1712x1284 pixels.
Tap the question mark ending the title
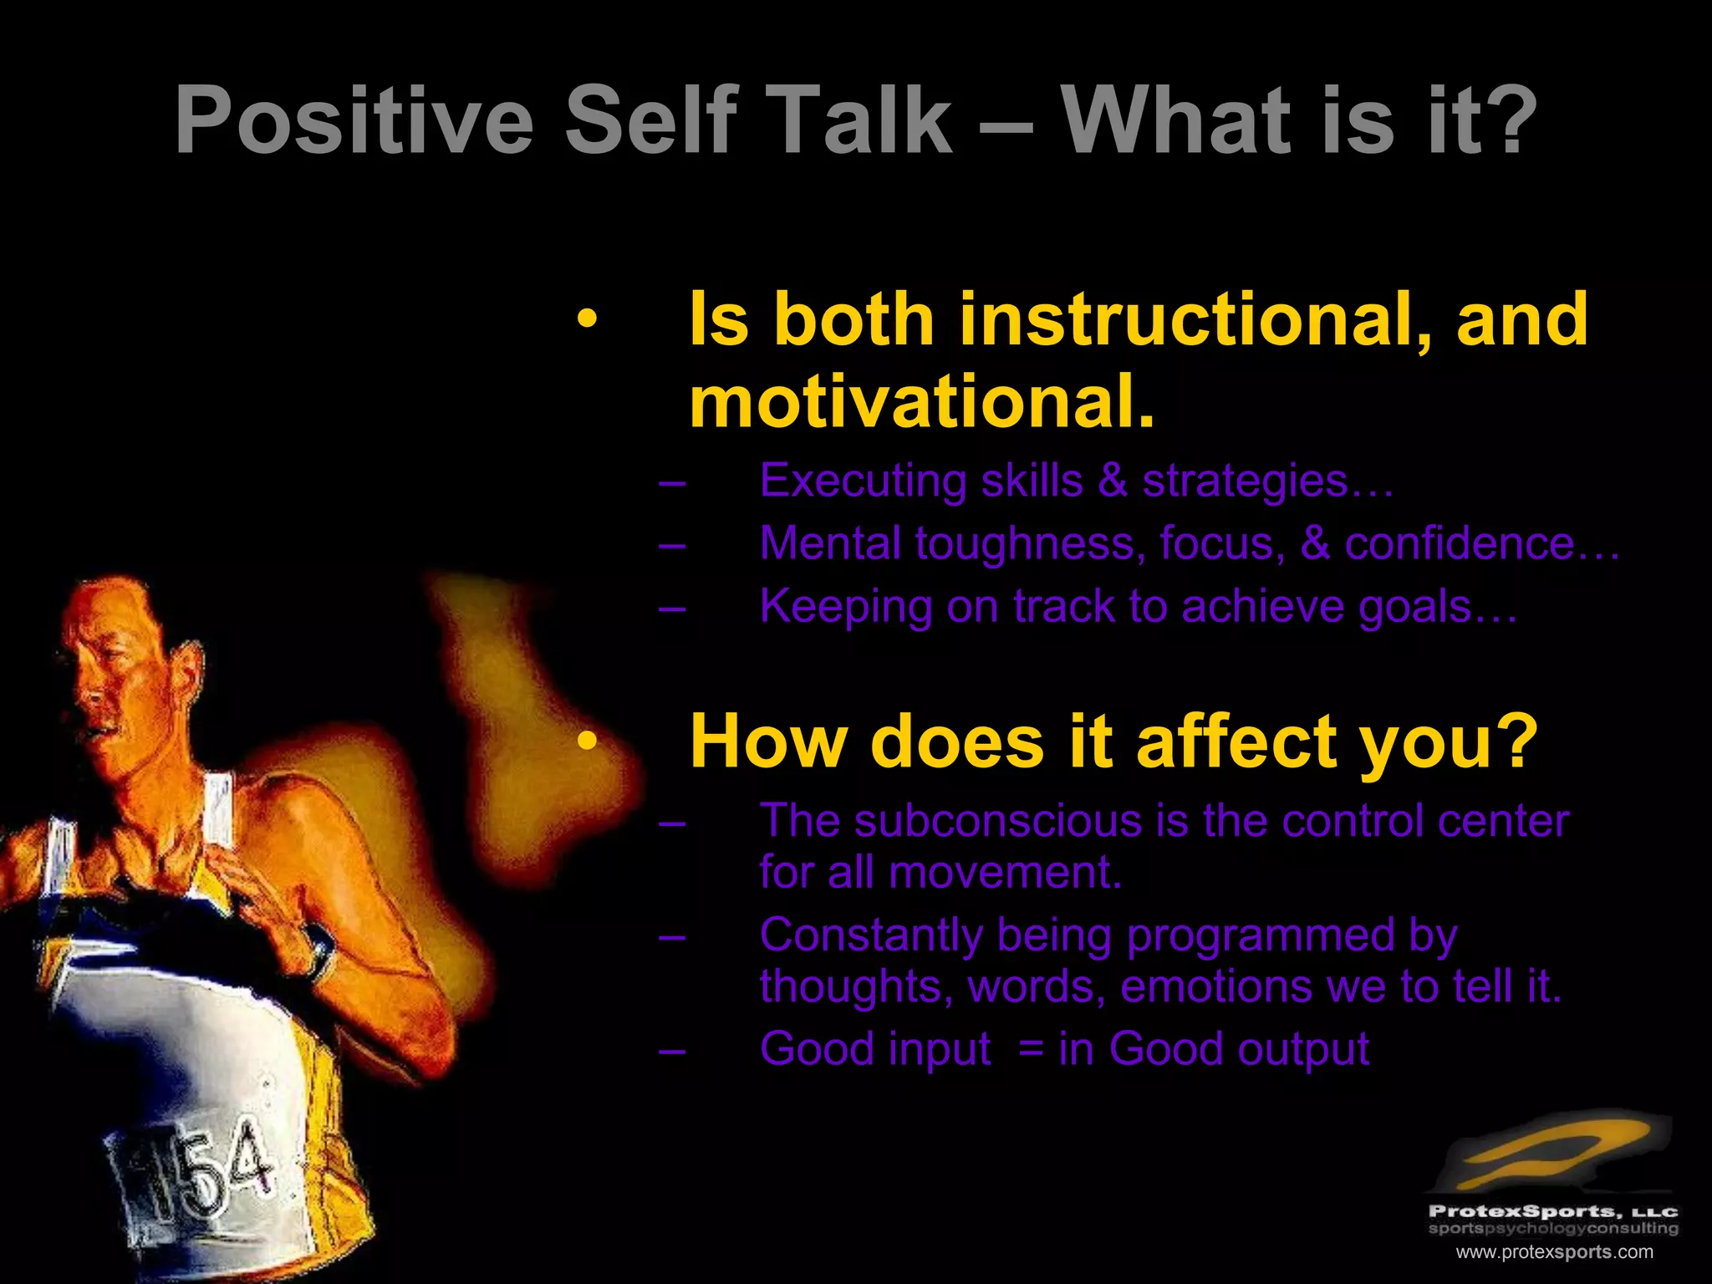tap(1510, 121)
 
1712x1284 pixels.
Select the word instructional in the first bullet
tap(1195, 319)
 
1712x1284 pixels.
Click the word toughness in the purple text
tap(1029, 543)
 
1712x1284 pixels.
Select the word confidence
tap(1459, 543)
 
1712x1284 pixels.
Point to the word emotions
tap(1215, 986)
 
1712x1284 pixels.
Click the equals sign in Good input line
tap(1031, 1050)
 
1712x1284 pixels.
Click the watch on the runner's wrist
tap(318, 954)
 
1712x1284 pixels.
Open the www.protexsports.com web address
tap(1554, 1252)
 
